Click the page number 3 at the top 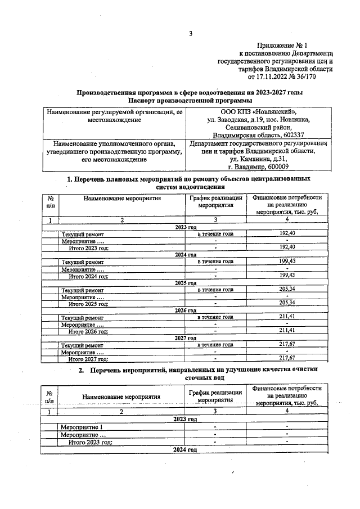tap(191, 33)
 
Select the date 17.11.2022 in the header tap(274, 76)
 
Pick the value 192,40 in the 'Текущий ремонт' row tap(287, 233)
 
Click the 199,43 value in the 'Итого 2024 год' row tap(287, 275)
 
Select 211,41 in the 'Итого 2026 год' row tap(287, 330)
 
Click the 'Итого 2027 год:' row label tap(88, 358)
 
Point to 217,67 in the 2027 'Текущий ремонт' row tap(287, 344)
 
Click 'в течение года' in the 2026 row tap(215, 317)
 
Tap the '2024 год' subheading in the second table tap(185, 451)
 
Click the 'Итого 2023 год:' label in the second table tap(90, 442)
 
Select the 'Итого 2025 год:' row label tap(88, 303)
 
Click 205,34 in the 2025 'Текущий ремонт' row tap(287, 289)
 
